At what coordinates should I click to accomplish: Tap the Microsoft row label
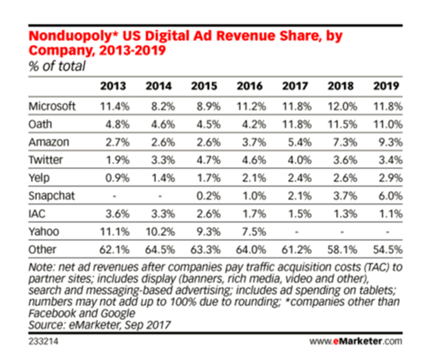point(53,106)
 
